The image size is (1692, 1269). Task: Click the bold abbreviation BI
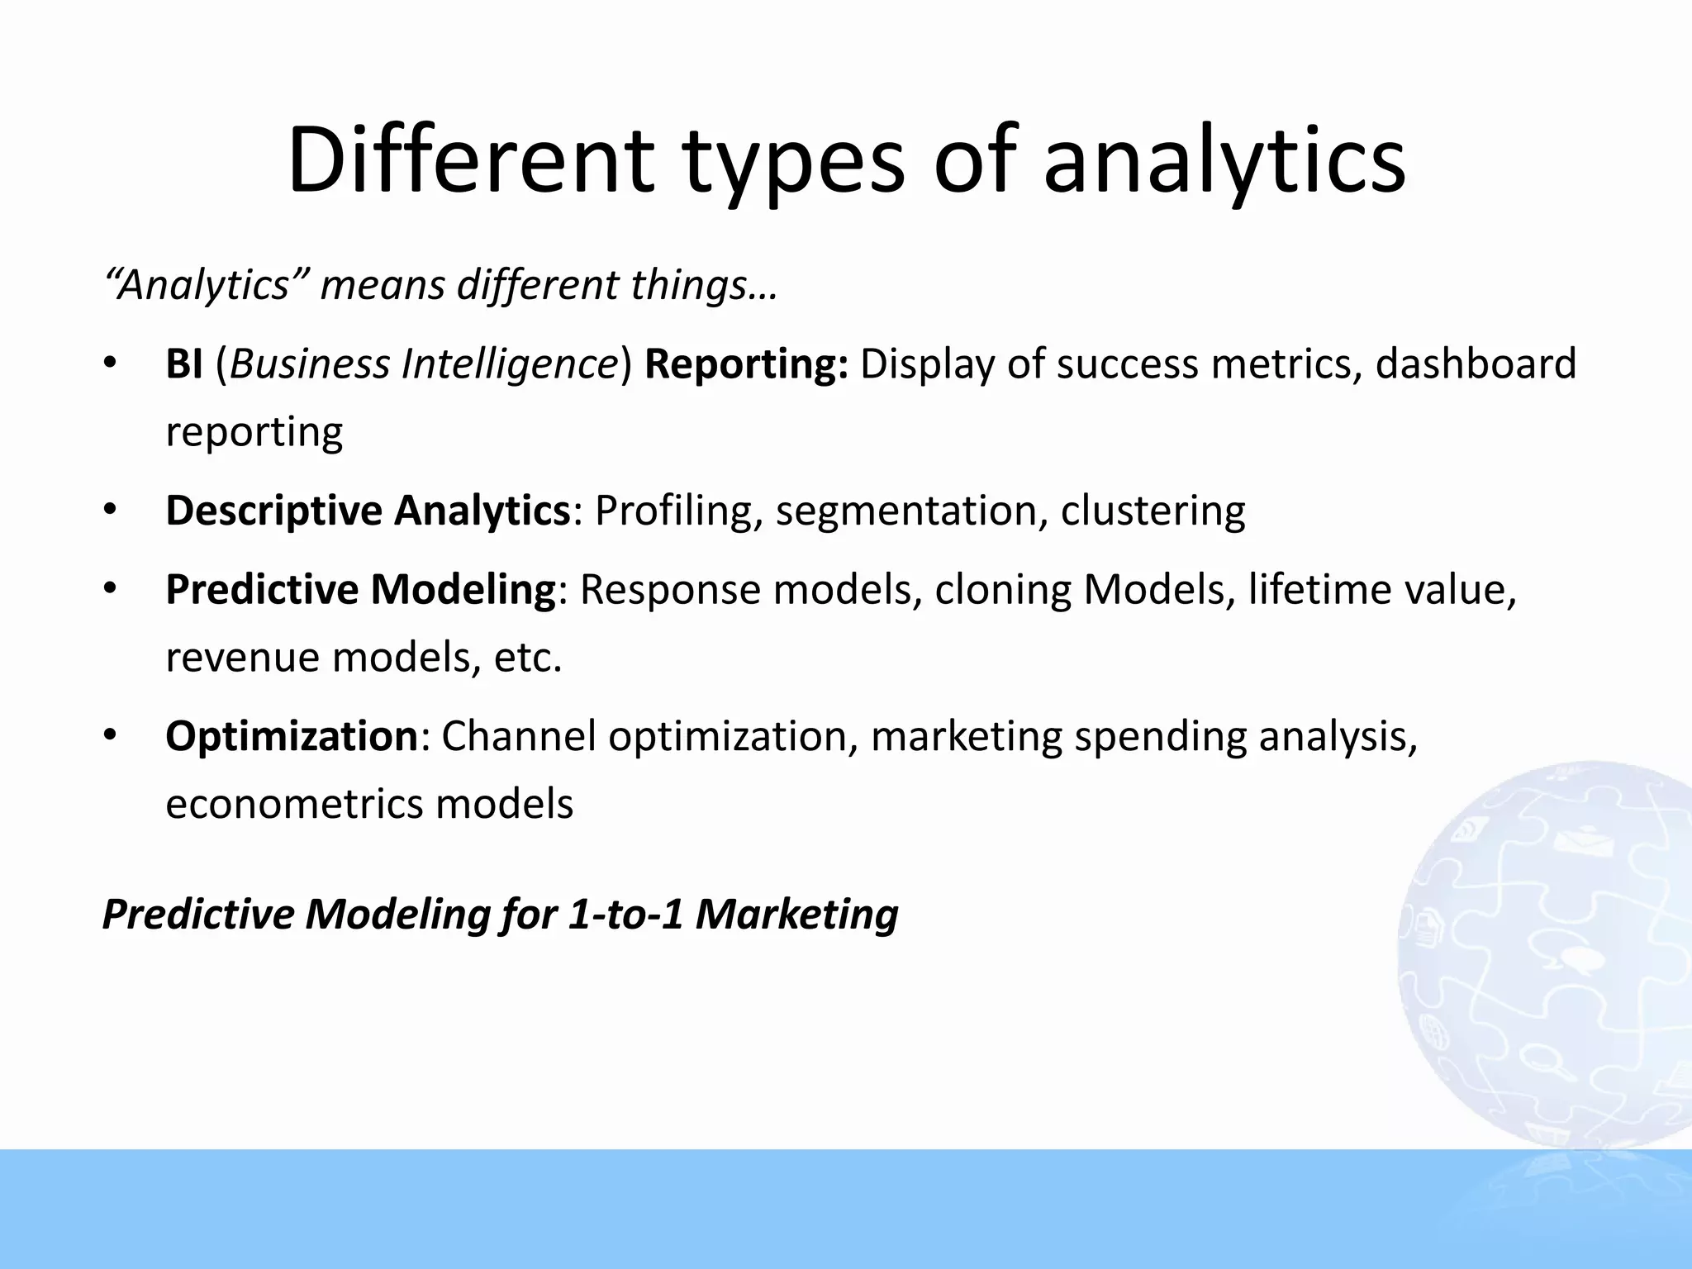coord(183,364)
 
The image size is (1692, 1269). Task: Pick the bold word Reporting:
coord(746,364)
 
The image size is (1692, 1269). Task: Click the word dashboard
coord(1476,364)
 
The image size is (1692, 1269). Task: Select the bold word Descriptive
coord(273,511)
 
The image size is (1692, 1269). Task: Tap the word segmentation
coord(905,511)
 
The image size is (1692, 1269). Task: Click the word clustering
coord(1153,511)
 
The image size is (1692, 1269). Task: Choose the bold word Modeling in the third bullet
coord(463,590)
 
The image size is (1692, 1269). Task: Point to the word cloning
coord(1003,590)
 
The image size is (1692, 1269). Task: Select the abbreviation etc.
coord(527,658)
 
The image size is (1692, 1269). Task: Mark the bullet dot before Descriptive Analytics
coord(111,510)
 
